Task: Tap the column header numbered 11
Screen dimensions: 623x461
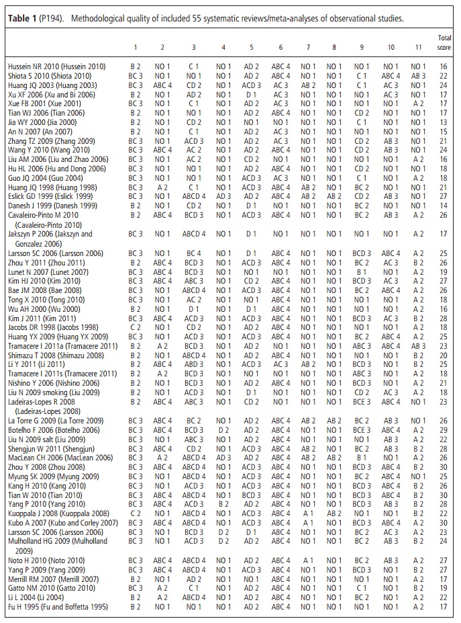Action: click(x=417, y=48)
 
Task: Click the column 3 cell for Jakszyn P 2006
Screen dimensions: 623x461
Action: click(x=193, y=234)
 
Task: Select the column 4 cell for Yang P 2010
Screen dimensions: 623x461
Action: click(x=223, y=503)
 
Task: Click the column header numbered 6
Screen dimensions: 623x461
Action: click(x=280, y=48)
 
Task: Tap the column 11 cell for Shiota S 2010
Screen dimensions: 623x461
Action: click(x=417, y=76)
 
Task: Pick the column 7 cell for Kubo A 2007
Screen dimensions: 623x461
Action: click(x=308, y=522)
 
